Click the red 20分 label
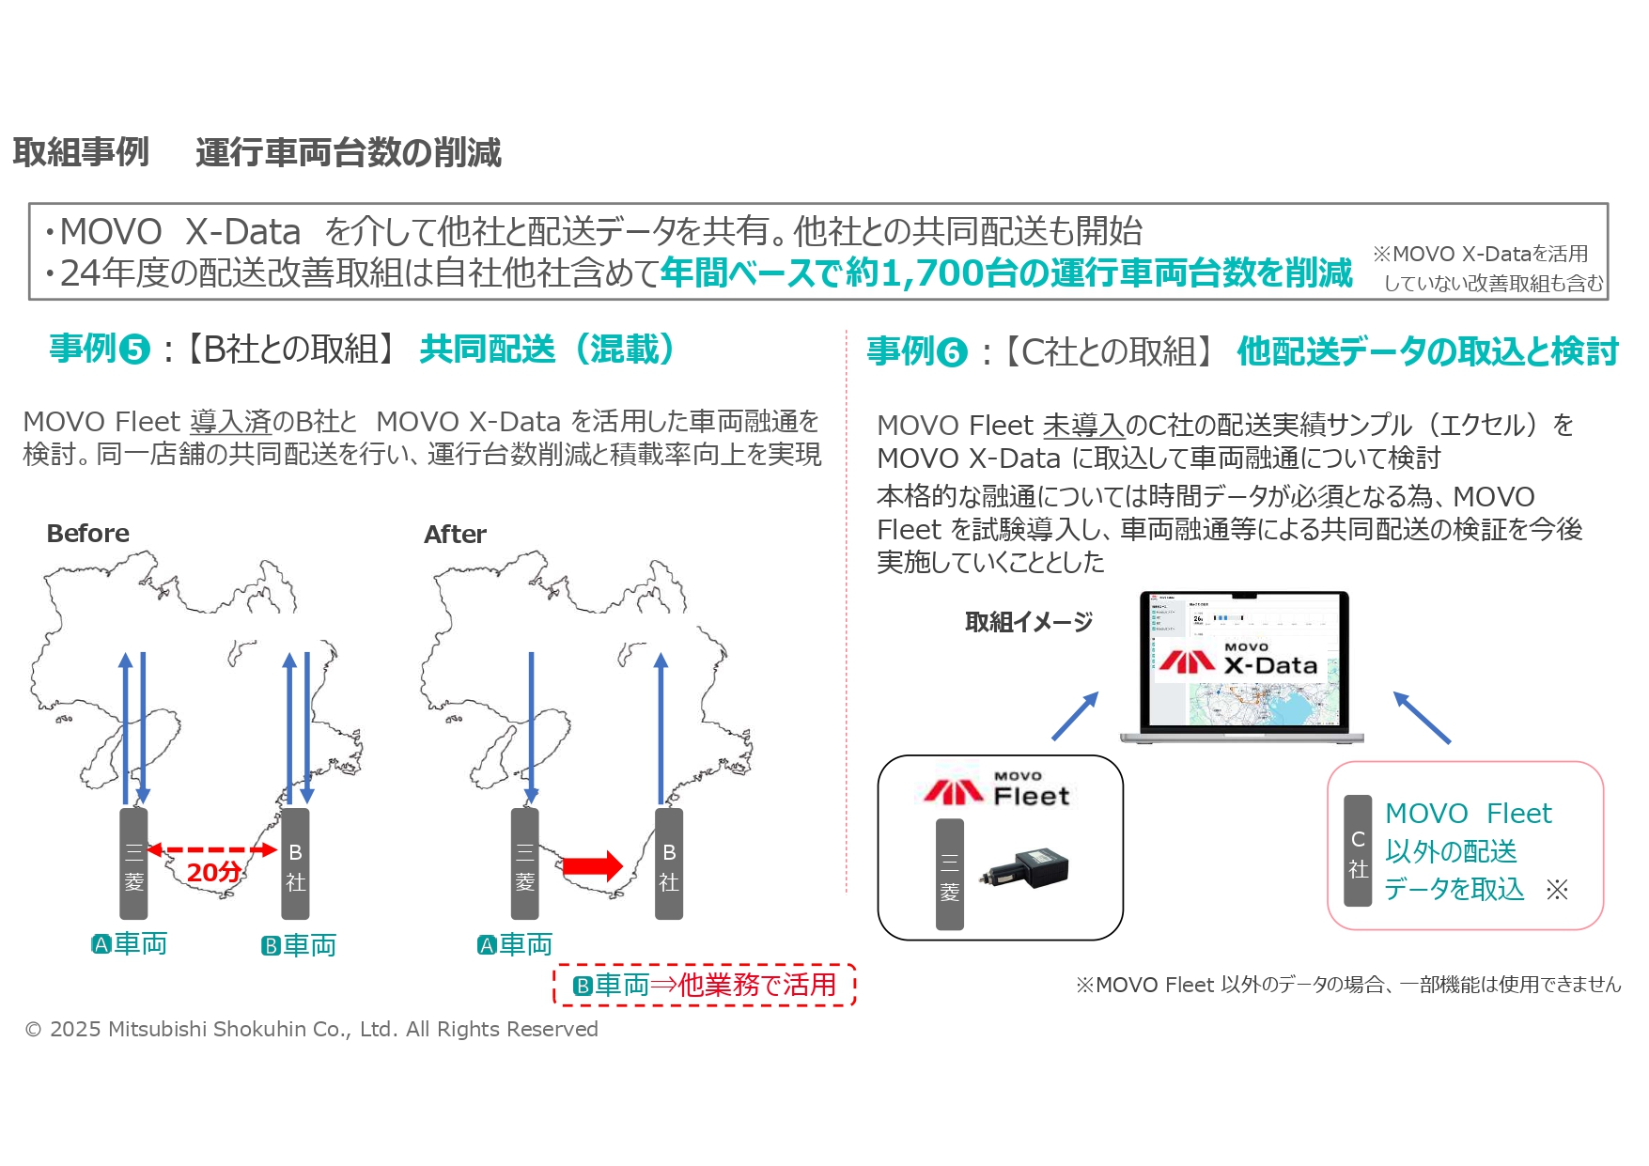pyautogui.click(x=214, y=873)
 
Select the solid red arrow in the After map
pyautogui.click(x=592, y=865)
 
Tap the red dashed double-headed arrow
pyautogui.click(x=212, y=850)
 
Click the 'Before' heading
pyautogui.click(x=88, y=534)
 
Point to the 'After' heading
pyautogui.click(x=455, y=535)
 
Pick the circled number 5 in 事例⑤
pyautogui.click(x=135, y=350)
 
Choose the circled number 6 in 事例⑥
pyautogui.click(x=953, y=353)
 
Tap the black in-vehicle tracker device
pyautogui.click(x=1026, y=867)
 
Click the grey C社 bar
pyautogui.click(x=1358, y=851)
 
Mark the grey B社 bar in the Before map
pyautogui.click(x=295, y=863)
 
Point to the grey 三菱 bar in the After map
pyautogui.click(x=524, y=863)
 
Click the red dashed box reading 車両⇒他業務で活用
pyautogui.click(x=705, y=985)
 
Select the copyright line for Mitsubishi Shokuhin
pyautogui.click(x=312, y=1030)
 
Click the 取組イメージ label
pyautogui.click(x=1029, y=622)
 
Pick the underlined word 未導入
pyautogui.click(x=1083, y=426)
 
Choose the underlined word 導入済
pyautogui.click(x=230, y=422)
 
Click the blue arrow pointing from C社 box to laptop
pyautogui.click(x=1422, y=718)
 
